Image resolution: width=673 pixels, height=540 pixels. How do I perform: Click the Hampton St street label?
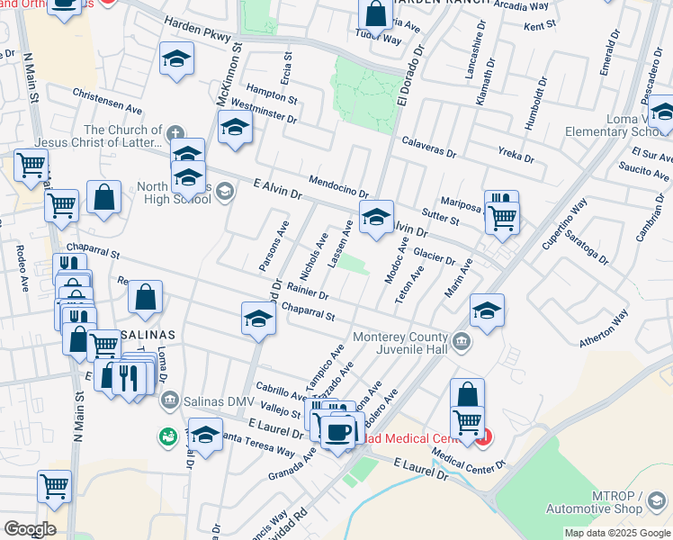[265, 91]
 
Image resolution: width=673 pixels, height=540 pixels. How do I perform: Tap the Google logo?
[29, 529]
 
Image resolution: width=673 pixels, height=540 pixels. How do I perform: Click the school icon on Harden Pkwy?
[177, 61]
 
